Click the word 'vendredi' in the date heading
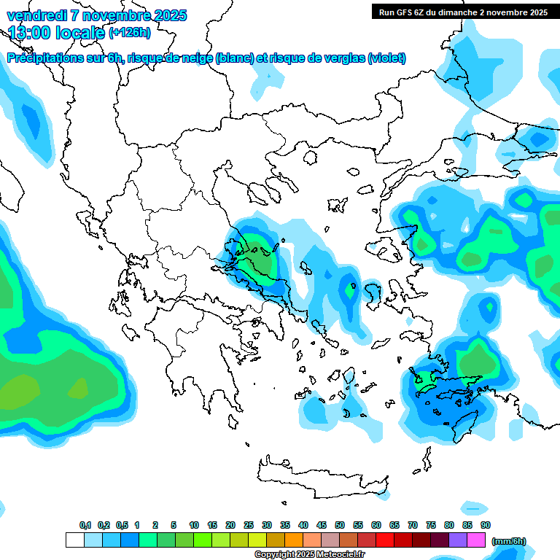(x=36, y=15)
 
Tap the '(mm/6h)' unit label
(x=508, y=541)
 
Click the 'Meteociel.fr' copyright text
(x=339, y=555)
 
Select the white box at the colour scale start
(x=74, y=540)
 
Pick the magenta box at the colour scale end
(x=476, y=540)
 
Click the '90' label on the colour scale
(x=486, y=525)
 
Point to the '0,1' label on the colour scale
(x=85, y=525)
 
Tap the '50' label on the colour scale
(x=340, y=525)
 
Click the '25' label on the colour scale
(x=249, y=525)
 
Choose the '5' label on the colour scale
(x=174, y=525)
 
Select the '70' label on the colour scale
(x=413, y=525)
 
